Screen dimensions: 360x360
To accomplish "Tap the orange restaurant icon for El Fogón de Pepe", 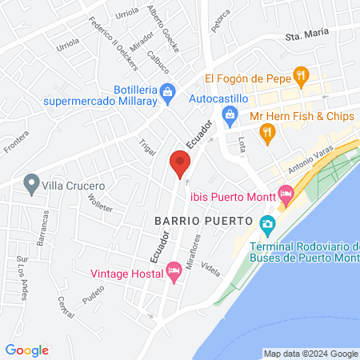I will click(301, 78).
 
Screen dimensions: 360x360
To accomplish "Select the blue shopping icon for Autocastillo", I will click(230, 117).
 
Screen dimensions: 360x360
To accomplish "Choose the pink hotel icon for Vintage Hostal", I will click(173, 273).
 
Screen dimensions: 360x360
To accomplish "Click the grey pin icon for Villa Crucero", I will click(31, 184).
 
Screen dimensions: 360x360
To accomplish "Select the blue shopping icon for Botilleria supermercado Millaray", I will click(166, 93).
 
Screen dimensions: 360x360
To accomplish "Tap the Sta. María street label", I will click(308, 36).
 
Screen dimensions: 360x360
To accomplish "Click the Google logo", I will click(26, 350).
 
